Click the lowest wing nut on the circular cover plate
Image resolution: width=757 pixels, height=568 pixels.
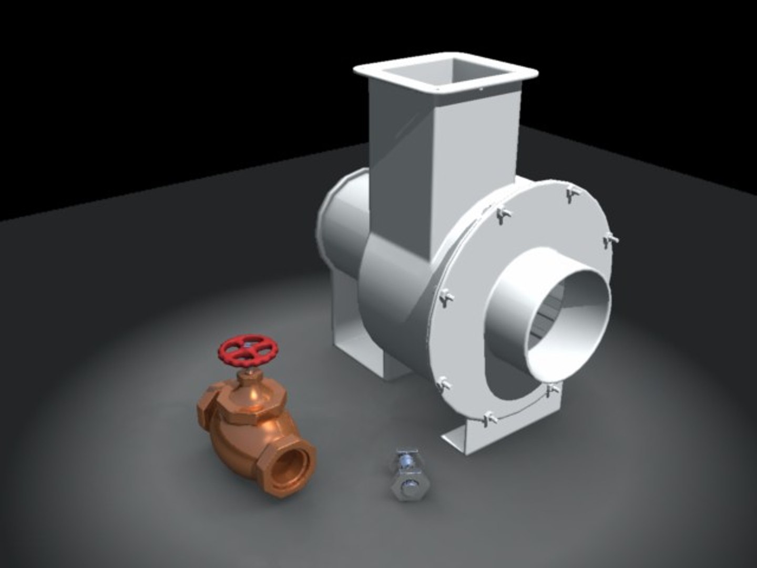(x=489, y=419)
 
